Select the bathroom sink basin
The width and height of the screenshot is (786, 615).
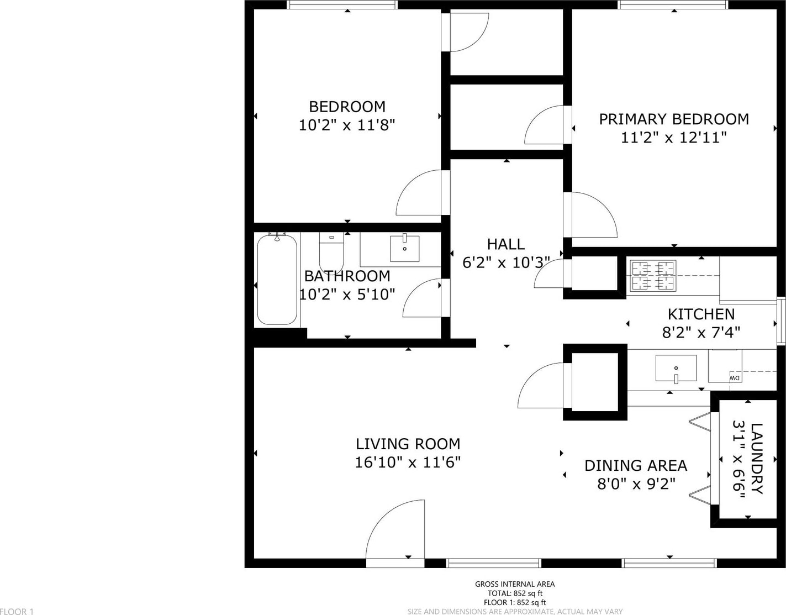(x=404, y=249)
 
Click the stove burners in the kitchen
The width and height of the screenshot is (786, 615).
(x=653, y=276)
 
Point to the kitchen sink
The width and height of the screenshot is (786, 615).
(x=676, y=368)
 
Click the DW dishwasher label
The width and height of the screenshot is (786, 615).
(x=735, y=378)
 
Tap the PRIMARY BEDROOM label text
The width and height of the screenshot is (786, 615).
(x=674, y=119)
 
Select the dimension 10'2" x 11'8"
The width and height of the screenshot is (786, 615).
(x=346, y=125)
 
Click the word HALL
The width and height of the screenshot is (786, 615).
(x=505, y=244)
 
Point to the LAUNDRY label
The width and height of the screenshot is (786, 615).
(x=757, y=459)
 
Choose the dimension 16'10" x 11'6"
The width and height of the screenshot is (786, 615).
(x=408, y=462)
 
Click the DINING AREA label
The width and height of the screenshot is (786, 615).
(x=636, y=466)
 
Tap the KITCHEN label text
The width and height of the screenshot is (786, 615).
(x=701, y=314)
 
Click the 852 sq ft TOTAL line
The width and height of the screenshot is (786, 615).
(x=515, y=593)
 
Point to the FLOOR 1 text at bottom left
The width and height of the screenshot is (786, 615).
(x=17, y=611)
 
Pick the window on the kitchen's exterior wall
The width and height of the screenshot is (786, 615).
(x=781, y=321)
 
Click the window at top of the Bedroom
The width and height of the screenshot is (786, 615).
(x=342, y=5)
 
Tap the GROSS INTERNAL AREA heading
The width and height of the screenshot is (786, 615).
(x=515, y=584)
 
